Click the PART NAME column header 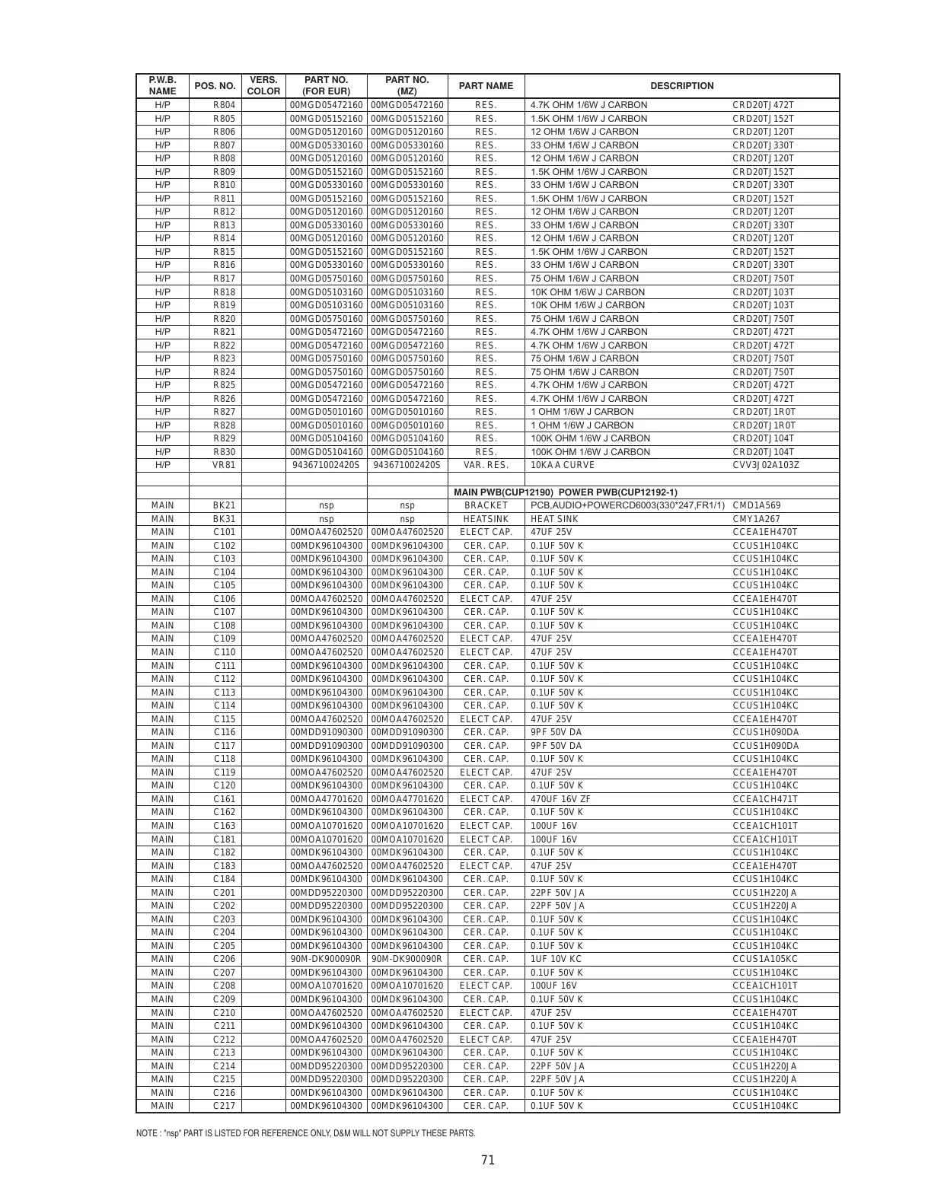pos(486,86)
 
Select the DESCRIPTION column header pos(681,86)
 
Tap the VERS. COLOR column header pos(263,86)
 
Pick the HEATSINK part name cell pos(486,519)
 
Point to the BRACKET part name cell pos(486,505)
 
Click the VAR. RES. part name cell pos(486,465)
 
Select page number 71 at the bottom pos(488,1160)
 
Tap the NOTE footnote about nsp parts pos(305,1133)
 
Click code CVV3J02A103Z pos(766,465)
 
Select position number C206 pos(224,959)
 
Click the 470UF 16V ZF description pos(560,799)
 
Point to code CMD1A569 pos(756,505)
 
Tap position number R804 pos(224,105)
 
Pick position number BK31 pos(224,519)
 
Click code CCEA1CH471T pos(765,799)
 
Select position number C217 pos(224,1106)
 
